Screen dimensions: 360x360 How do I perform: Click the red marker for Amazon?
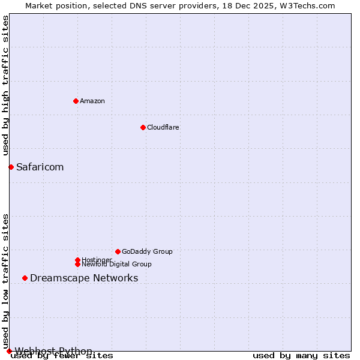point(76,101)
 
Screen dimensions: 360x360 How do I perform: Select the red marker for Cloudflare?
point(143,127)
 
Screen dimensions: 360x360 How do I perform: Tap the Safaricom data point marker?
point(11,167)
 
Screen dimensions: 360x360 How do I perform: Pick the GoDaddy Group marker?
point(118,251)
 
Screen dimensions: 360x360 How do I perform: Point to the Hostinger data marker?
point(77,260)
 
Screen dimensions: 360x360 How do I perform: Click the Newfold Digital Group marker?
point(77,264)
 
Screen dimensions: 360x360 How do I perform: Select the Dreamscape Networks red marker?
point(25,278)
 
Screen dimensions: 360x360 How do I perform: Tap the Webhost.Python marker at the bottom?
point(9,351)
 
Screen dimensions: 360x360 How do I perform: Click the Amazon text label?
point(92,101)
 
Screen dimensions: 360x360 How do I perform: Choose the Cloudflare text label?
point(163,127)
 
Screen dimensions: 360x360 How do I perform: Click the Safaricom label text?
point(40,167)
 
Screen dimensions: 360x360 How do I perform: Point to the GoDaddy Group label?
point(147,251)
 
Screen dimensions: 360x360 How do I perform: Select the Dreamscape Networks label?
point(84,278)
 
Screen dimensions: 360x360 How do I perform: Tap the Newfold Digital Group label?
point(116,265)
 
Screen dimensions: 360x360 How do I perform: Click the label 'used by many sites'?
point(301,355)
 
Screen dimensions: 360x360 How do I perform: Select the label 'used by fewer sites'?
point(62,355)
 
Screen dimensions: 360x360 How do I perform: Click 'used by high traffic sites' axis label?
point(6,86)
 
